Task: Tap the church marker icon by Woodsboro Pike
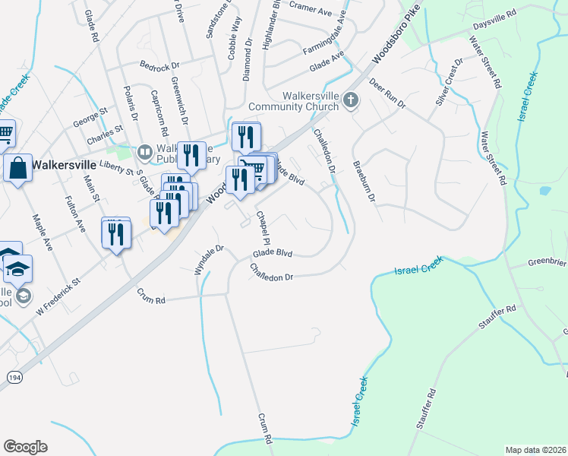[350, 100]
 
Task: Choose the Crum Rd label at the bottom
[263, 429]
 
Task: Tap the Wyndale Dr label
[210, 259]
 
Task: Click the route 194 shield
[14, 377]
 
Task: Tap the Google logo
[25, 447]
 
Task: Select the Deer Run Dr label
[387, 93]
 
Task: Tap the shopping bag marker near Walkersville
[17, 167]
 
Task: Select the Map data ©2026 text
[536, 450]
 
